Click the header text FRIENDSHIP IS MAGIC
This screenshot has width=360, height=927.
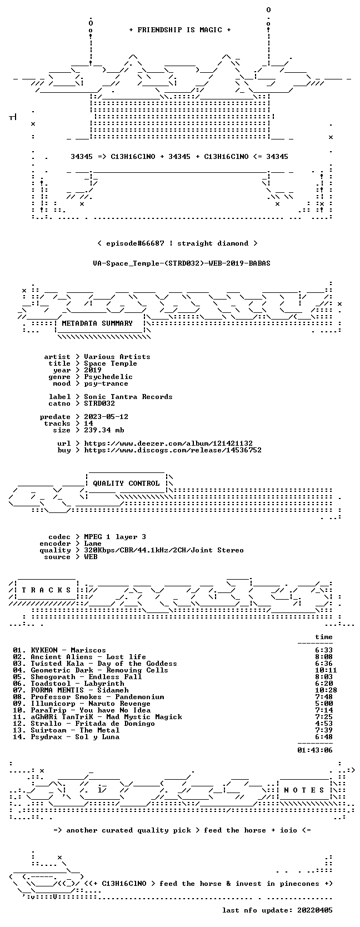pyautogui.click(x=180, y=30)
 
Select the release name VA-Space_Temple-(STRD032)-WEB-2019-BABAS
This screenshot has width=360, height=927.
pyautogui.click(x=182, y=263)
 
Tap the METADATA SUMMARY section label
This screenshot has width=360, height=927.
pyautogui.click(x=97, y=323)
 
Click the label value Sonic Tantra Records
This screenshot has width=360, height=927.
pyautogui.click(x=128, y=397)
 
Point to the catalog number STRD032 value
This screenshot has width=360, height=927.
pyautogui.click(x=99, y=403)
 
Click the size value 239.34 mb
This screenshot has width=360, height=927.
pyautogui.click(x=104, y=430)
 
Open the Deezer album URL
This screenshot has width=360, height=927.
pyautogui.click(x=168, y=443)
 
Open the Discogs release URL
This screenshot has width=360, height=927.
pyautogui.click(x=173, y=450)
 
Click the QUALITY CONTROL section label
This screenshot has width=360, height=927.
pyautogui.click(x=126, y=484)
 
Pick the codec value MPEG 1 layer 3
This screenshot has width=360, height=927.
pyautogui.click(x=115, y=537)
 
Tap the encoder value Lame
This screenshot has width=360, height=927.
pyautogui.click(x=93, y=544)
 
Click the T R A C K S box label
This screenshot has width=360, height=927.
pyautogui.click(x=46, y=590)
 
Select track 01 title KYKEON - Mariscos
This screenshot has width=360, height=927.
pyautogui.click(x=68, y=650)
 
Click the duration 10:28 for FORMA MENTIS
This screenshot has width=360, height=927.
pyautogui.click(x=326, y=690)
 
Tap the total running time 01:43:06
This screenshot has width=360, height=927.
pyautogui.click(x=315, y=750)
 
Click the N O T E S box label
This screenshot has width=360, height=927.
pyautogui.click(x=304, y=790)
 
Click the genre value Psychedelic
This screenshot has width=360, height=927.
pyautogui.click(x=108, y=377)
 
